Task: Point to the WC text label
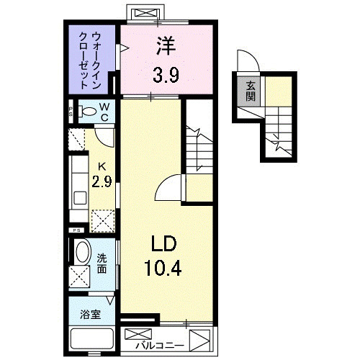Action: (x=104, y=112)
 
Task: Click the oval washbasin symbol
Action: (x=82, y=253)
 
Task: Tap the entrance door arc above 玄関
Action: (x=245, y=61)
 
